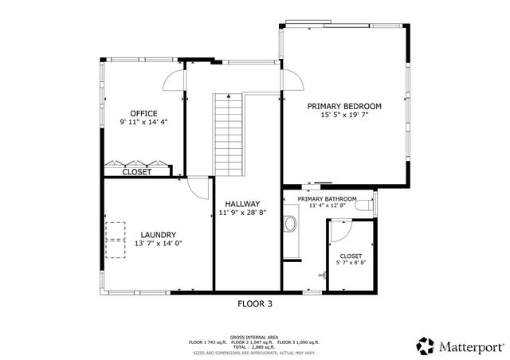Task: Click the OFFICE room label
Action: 143,113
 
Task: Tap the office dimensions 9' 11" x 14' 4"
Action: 143,123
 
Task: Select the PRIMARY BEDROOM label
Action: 344,106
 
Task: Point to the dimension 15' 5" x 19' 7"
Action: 344,115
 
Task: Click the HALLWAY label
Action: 242,204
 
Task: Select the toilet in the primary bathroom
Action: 364,206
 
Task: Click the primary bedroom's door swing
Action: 291,80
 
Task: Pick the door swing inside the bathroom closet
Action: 338,231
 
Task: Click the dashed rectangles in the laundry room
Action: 116,232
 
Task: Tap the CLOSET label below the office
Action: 137,171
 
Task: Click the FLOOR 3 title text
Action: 255,303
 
